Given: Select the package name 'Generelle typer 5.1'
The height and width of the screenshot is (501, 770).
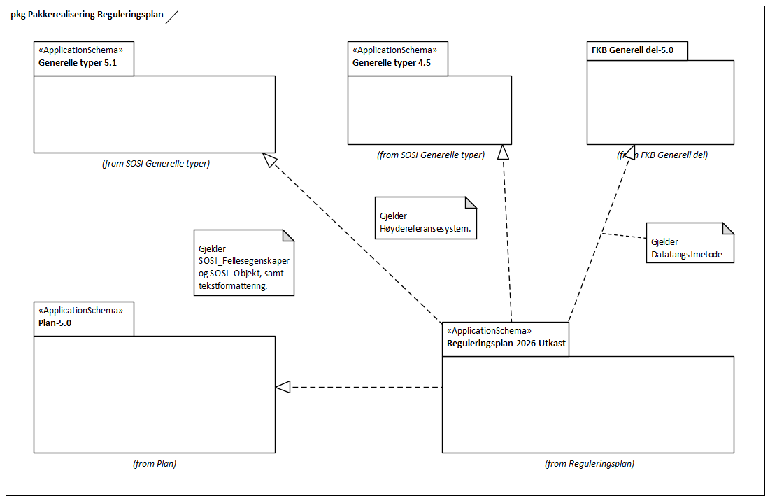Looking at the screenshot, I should pos(77,62).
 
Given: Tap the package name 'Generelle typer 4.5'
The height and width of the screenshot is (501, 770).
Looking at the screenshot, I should pos(391,62).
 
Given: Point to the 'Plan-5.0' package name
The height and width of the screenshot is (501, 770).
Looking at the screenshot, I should pos(55,323).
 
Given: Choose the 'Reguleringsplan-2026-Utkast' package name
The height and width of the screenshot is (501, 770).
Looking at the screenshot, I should pos(506,344).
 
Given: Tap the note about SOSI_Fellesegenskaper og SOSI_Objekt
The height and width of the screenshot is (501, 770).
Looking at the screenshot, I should pos(243,262).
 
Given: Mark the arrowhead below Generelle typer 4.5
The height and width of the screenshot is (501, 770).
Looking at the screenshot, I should pos(502,152).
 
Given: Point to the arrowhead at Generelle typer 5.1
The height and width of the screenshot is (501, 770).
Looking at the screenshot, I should pos(269,160).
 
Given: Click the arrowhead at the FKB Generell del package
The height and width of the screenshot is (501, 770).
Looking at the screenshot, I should pos(628,152).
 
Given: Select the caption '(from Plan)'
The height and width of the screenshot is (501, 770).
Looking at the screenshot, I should pos(154,463).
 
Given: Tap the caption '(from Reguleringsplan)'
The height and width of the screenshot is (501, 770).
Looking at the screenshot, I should pos(589,463).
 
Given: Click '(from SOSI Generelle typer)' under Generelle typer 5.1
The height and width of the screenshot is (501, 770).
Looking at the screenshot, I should pos(155,164).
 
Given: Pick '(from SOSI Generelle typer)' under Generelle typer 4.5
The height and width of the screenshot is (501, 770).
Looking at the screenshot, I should pos(430,155).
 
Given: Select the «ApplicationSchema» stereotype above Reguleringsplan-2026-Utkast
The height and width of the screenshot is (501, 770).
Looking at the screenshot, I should pos(490,330).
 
